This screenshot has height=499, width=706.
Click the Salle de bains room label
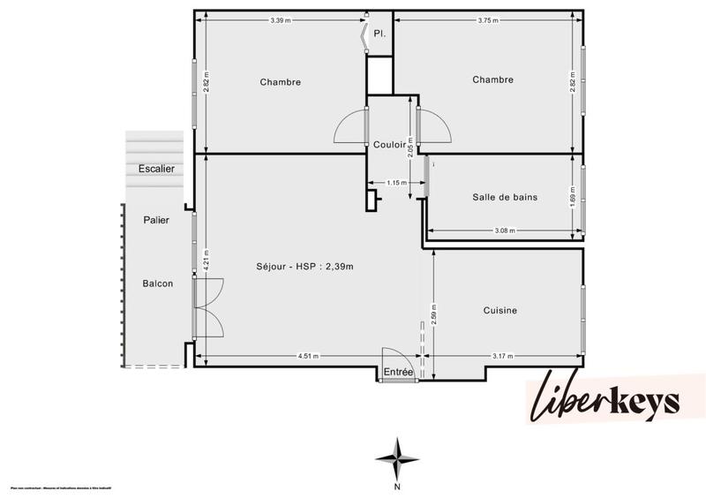tap(505, 197)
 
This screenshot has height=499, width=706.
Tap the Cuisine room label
tap(499, 310)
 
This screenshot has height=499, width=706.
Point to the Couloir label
tap(389, 145)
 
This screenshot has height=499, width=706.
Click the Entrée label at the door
tap(399, 373)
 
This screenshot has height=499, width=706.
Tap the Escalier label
tap(156, 169)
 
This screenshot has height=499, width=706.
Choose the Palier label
tap(156, 220)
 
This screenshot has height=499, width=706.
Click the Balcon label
tap(157, 284)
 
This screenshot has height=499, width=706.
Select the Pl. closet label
tap(379, 34)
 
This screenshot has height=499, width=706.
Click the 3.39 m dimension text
tap(281, 19)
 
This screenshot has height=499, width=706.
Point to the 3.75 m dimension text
tap(486, 19)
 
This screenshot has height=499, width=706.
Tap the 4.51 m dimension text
tap(308, 356)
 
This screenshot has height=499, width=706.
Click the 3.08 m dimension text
tap(505, 231)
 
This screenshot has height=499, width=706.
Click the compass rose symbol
tap(398, 457)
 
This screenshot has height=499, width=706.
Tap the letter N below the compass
tap(398, 486)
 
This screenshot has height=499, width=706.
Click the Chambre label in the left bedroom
tap(280, 82)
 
